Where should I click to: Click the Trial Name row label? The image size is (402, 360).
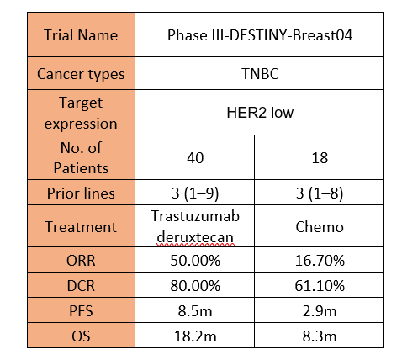click(81, 35)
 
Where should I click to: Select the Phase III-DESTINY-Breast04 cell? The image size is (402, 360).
click(260, 35)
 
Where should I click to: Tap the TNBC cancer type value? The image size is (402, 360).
click(260, 74)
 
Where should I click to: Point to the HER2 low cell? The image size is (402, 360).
click(260, 113)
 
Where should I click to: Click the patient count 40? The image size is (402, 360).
click(195, 158)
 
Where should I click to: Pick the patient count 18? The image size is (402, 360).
click(320, 158)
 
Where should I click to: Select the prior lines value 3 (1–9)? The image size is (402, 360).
click(195, 193)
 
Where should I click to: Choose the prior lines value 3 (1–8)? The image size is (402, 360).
click(320, 193)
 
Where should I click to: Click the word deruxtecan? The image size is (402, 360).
click(195, 237)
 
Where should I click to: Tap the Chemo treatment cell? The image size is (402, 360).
click(320, 227)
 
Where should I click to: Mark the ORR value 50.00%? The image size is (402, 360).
click(195, 261)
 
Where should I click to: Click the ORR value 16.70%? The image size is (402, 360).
click(320, 261)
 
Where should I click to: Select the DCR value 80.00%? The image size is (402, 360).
click(195, 286)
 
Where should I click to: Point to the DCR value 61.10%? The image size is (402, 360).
click(320, 286)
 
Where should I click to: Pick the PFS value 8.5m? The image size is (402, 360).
click(195, 311)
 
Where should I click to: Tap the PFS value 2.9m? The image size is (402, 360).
click(320, 311)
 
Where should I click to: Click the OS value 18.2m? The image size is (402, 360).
click(195, 336)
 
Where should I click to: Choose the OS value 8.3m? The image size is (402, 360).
click(320, 336)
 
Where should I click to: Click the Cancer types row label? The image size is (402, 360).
click(81, 75)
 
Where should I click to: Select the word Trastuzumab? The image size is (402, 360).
click(195, 216)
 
